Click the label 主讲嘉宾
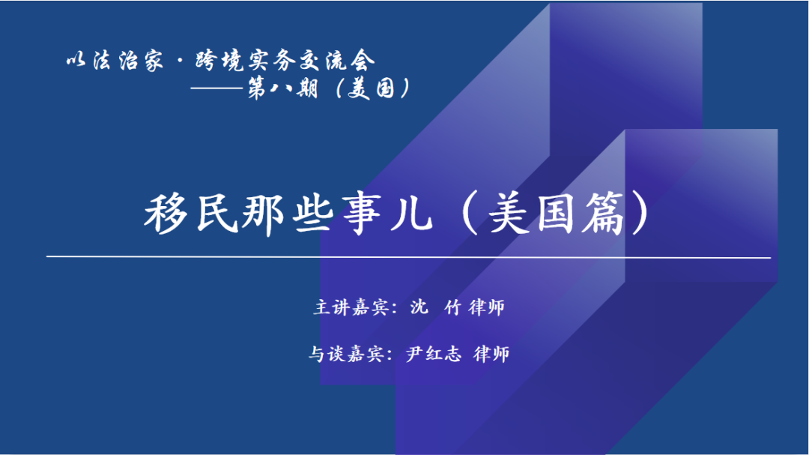tap(351, 308)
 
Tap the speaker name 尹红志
tap(433, 355)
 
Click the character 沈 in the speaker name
tap(419, 307)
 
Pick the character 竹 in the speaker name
tap(452, 308)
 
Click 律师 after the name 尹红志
tap(491, 355)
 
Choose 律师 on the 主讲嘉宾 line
tap(487, 308)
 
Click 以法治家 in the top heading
tap(115, 61)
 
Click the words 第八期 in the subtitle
tap(282, 88)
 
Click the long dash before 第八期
tap(218, 88)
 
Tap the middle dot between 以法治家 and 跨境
tap(180, 61)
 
